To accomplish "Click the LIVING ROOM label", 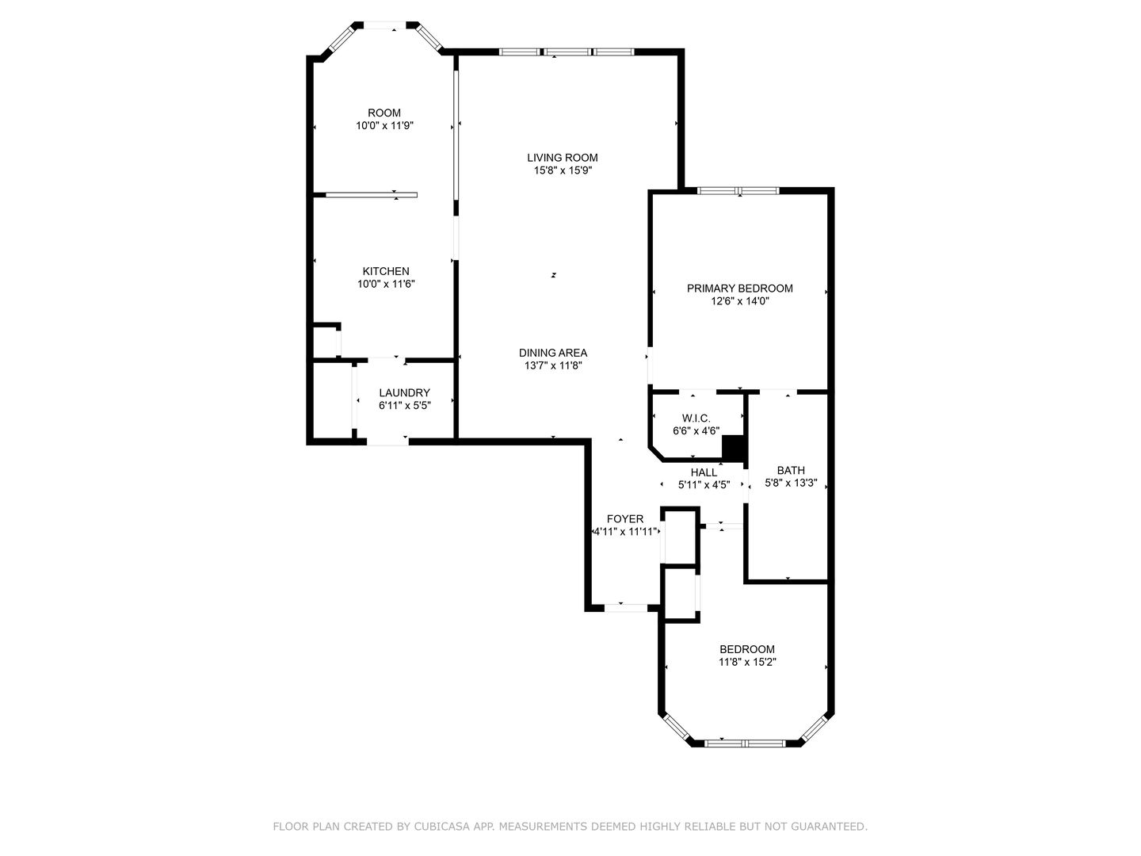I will coord(563,158).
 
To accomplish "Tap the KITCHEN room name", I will coord(386,271).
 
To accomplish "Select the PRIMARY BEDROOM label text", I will coord(739,289).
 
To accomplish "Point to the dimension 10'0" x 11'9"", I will coord(384,125).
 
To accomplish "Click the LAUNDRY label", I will coord(404,392).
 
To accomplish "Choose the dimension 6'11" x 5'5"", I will coord(404,405).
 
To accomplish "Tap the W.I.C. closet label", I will coord(696,418).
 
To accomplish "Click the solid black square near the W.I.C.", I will coord(735,448).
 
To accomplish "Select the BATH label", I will coord(790,470).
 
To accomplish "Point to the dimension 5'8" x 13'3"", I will coord(790,483).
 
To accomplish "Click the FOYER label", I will coord(625,519).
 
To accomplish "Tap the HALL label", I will coord(704,472).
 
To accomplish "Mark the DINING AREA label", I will coord(553,353).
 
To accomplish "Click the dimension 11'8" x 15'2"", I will coord(747,662).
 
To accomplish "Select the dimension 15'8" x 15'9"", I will coord(563,170).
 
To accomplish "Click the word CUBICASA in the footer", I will coord(440,827).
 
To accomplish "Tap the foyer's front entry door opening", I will coord(625,608).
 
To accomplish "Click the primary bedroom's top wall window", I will coord(738,190).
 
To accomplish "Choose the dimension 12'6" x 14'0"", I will coord(739,301).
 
